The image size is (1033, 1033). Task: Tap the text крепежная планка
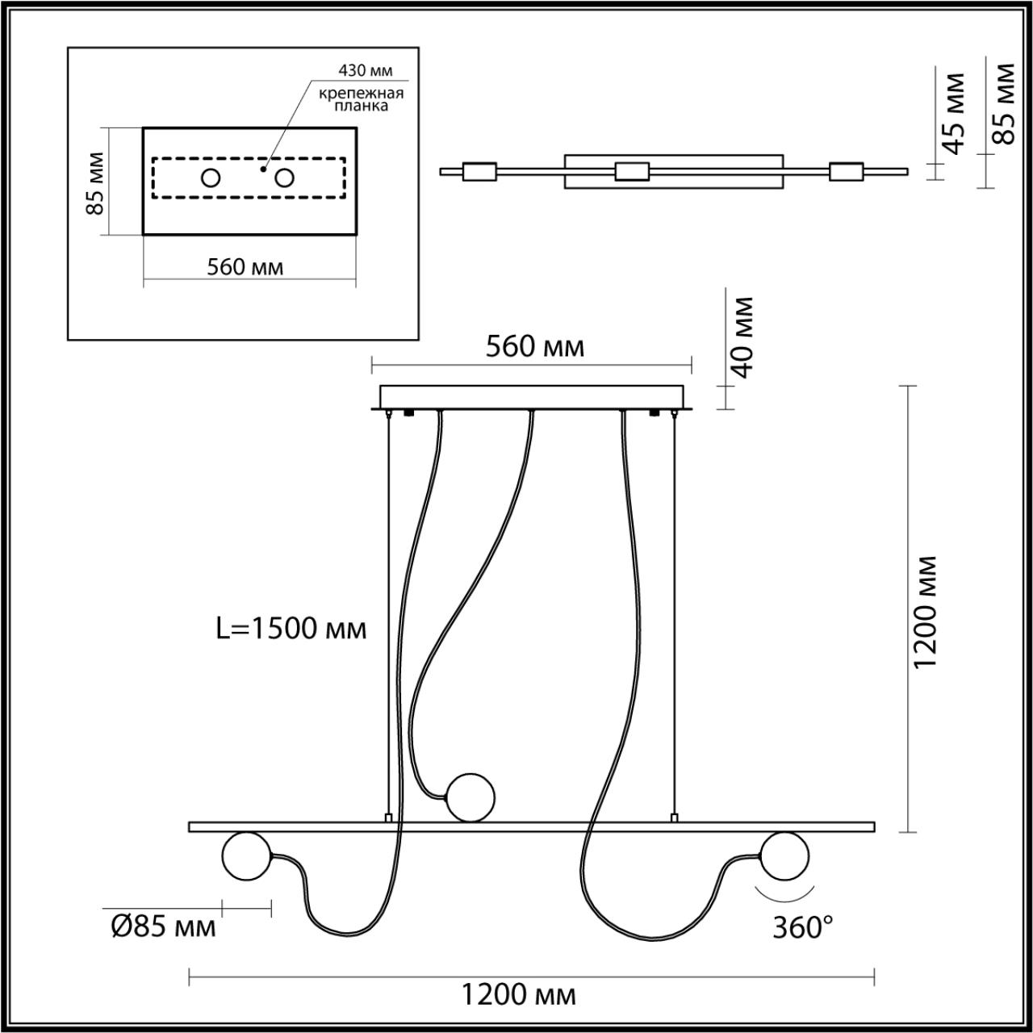361,99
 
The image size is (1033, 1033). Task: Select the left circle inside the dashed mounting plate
211,178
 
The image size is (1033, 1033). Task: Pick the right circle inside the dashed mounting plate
283,178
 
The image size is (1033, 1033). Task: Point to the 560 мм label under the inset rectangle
245,266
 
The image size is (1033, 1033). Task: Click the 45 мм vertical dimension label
955,113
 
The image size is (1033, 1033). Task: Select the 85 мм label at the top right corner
1004,102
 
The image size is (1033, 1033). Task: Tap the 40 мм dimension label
742,337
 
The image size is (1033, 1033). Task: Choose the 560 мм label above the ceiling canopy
534,346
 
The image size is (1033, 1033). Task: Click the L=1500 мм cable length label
291,628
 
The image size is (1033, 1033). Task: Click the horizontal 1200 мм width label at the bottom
519,995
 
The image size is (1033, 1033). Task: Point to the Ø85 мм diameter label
163,926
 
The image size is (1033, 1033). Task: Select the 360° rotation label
802,927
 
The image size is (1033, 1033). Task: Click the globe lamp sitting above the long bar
471,797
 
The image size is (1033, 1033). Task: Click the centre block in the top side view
632,171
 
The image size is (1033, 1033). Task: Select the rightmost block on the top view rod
846,171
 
